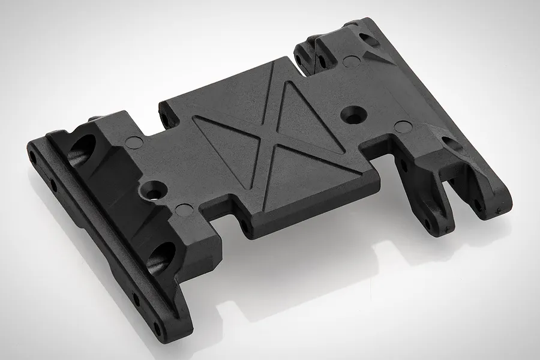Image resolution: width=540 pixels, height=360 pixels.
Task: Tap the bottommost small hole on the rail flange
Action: coord(157,327)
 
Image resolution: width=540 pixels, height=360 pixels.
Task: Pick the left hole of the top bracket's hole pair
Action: coord(298,59)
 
